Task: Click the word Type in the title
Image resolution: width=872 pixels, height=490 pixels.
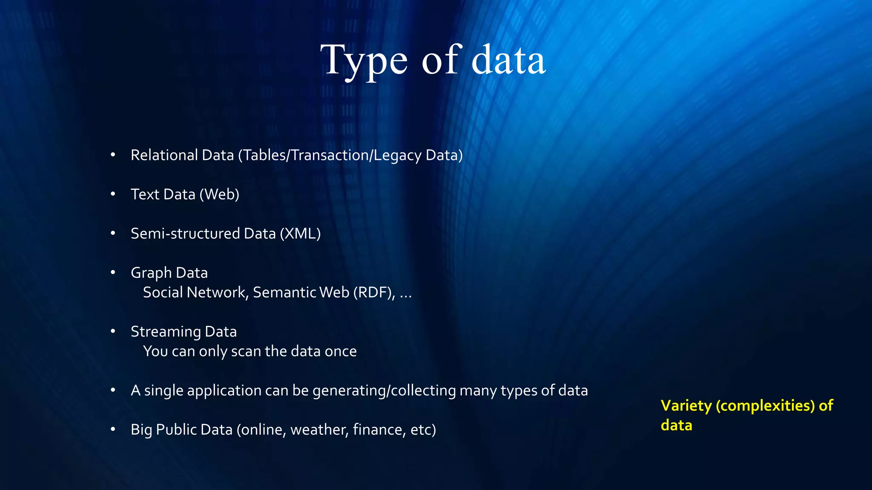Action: [364, 60]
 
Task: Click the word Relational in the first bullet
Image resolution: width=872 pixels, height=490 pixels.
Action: [164, 155]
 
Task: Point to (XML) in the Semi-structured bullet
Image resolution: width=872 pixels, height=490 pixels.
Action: [300, 234]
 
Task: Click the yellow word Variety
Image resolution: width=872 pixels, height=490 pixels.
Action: [686, 406]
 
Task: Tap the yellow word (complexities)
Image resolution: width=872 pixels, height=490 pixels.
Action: [765, 406]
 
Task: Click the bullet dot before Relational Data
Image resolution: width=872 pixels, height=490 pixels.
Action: [113, 155]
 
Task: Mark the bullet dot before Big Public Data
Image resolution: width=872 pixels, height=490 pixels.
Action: [113, 429]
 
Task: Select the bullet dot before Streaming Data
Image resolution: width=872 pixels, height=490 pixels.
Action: [113, 331]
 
